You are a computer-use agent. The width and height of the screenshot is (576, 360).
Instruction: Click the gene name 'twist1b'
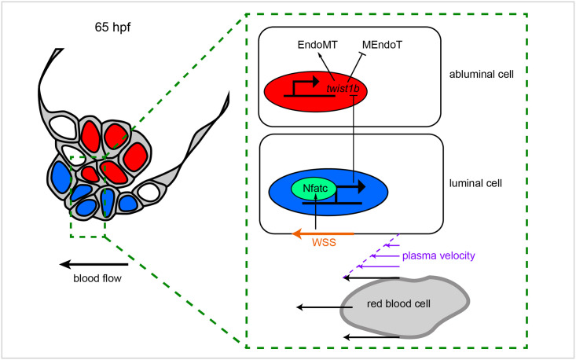click(x=343, y=89)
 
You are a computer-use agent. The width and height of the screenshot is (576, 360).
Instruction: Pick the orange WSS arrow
click(x=323, y=233)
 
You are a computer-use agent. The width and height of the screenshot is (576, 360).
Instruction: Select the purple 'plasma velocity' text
click(x=438, y=255)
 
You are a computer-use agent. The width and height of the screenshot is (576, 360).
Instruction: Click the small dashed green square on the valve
click(x=87, y=196)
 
